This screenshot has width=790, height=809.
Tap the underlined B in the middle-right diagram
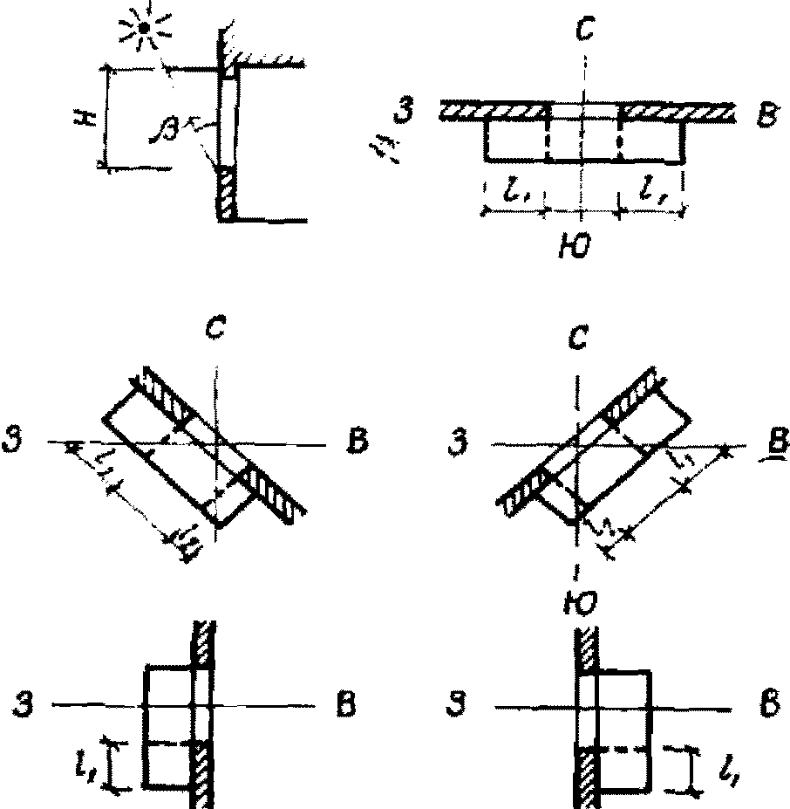768,438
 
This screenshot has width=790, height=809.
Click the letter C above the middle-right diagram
576,338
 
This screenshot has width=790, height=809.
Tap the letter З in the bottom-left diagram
35,703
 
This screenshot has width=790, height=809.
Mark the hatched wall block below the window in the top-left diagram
227,193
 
